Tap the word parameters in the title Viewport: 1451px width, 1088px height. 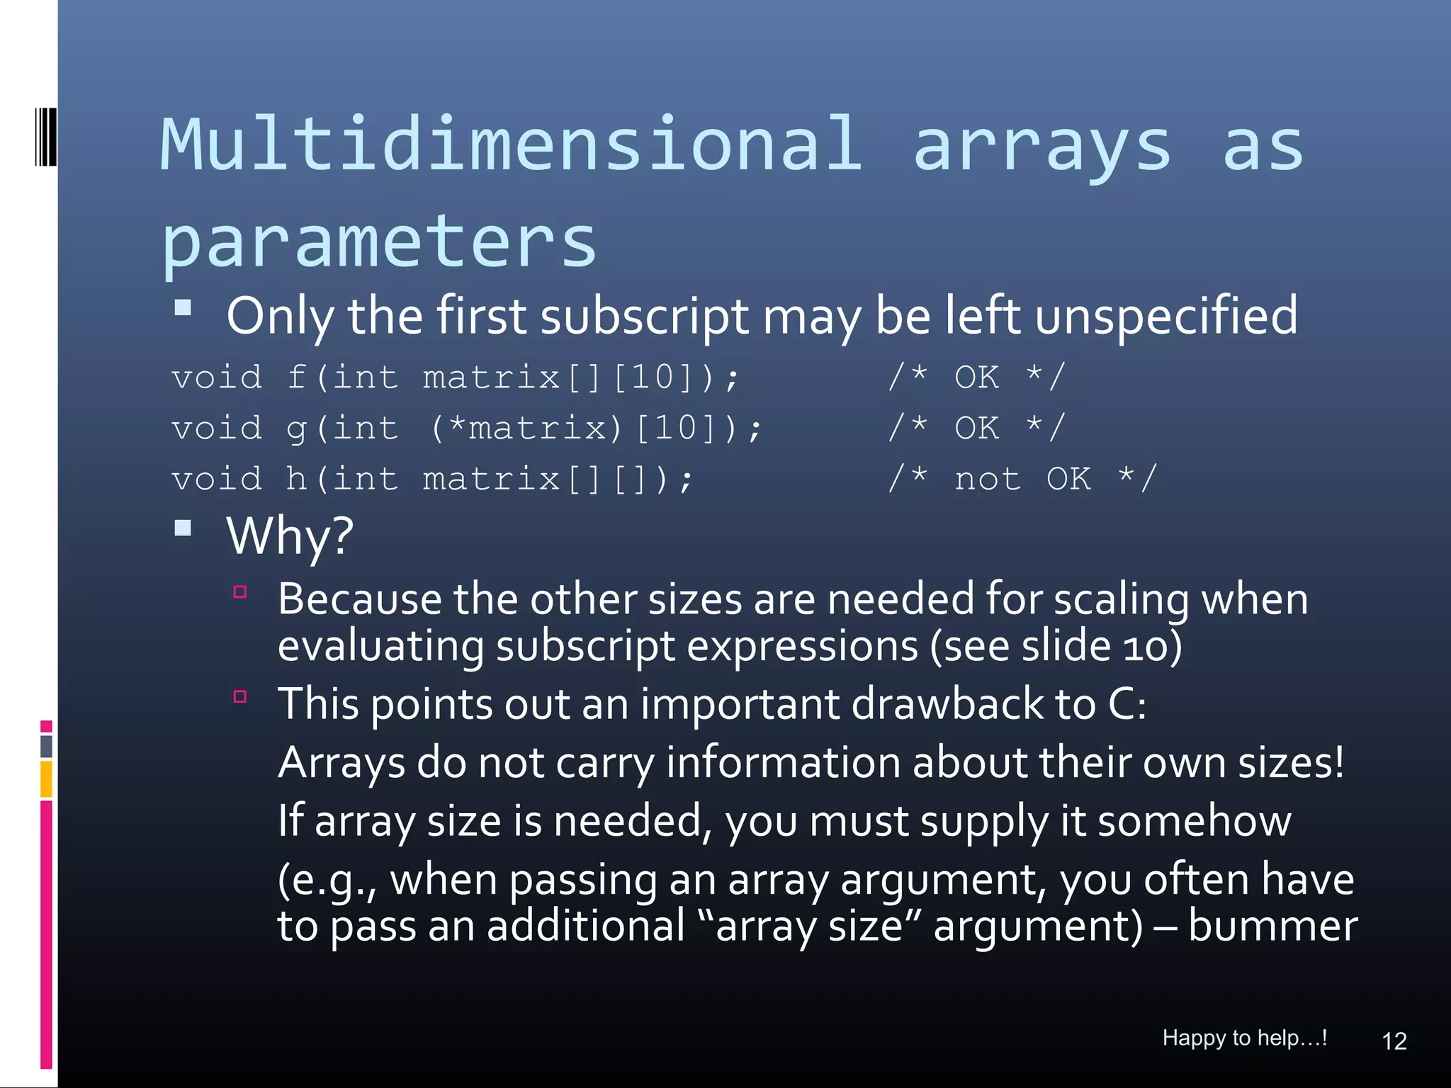pos(379,242)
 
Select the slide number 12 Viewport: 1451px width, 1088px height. pos(1394,1041)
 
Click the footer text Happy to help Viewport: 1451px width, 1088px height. pos(1244,1038)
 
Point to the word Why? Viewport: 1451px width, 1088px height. pos(290,535)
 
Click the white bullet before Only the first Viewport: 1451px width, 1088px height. pos(184,307)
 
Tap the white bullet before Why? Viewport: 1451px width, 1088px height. pos(184,528)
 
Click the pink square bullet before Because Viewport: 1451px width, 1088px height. pos(240,591)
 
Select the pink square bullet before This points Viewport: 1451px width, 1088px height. pos(240,696)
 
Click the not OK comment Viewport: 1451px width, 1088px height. pos(1022,479)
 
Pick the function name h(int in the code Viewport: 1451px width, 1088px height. pos(342,479)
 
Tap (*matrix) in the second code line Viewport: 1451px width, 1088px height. pos(526,428)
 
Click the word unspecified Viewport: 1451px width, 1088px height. pos(1166,316)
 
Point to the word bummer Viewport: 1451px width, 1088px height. pos(1272,926)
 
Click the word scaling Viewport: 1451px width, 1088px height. pos(1121,600)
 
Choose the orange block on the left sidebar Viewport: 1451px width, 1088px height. pos(47,778)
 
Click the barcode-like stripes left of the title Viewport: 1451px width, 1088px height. pos(46,137)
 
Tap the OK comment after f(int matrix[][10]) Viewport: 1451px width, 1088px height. pos(977,377)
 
